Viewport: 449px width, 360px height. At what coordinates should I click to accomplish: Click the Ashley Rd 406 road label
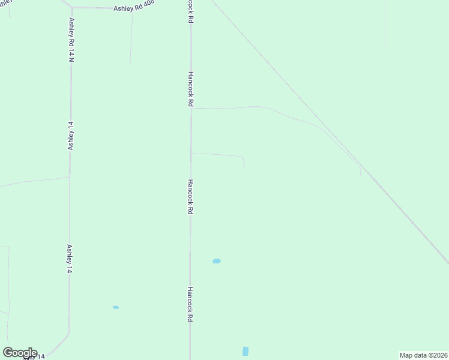[x=134, y=6]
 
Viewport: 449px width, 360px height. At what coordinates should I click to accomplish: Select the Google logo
[x=20, y=353]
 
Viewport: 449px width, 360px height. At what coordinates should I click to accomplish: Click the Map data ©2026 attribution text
[x=423, y=355]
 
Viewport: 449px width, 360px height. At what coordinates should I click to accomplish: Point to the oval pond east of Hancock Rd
[x=217, y=261]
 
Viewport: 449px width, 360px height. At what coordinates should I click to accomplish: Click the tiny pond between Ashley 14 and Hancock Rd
[x=115, y=307]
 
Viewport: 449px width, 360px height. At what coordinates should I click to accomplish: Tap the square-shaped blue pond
[x=245, y=351]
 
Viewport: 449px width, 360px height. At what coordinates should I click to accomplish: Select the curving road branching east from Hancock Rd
[x=270, y=110]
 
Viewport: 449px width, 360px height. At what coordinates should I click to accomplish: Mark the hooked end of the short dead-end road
[x=244, y=163]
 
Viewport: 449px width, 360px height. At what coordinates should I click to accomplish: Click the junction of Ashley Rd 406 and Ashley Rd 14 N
[x=71, y=8]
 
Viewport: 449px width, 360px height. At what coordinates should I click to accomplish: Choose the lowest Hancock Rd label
[x=189, y=304]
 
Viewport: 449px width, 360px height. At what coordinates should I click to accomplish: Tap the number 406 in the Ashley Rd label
[x=148, y=4]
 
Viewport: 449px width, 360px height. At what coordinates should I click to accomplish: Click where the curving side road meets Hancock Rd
[x=191, y=109]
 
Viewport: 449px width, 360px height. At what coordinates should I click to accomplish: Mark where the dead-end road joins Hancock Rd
[x=191, y=154]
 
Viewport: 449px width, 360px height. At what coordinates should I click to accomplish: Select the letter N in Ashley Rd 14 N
[x=71, y=59]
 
